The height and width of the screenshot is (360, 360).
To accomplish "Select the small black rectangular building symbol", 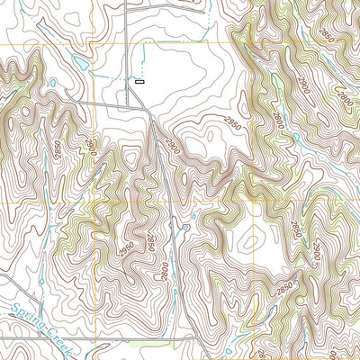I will coord(139,82).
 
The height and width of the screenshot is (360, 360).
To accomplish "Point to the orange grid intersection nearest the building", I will coord(93,43).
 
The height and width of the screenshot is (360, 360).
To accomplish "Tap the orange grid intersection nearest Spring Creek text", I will coord(93,202).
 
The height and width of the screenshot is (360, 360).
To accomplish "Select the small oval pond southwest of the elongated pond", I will coord(53,83).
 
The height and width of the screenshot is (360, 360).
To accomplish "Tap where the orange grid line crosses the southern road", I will coord(93,339).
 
